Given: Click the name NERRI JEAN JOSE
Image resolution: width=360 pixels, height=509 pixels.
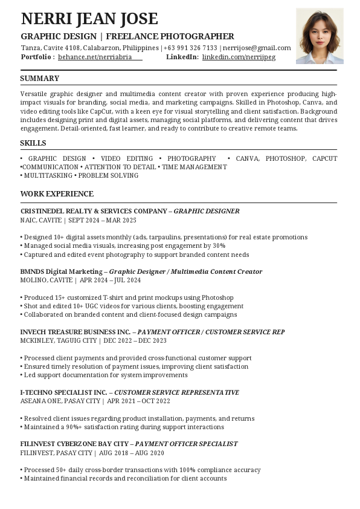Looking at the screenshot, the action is coord(89,19).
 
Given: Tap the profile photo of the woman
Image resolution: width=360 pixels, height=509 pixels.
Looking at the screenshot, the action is coord(320,36).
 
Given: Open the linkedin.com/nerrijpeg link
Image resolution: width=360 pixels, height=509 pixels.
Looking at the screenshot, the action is coord(239,57).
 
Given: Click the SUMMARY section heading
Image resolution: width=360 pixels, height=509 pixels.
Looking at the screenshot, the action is coord(40,79).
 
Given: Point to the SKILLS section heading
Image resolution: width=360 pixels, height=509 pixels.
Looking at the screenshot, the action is coord(33,143).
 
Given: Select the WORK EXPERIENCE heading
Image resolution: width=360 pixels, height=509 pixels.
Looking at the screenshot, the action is coord(57,194).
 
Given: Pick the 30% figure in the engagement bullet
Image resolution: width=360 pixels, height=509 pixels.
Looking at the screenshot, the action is coord(219,246).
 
